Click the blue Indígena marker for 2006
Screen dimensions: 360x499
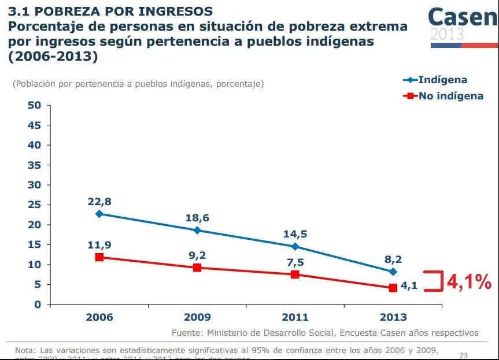[99, 214]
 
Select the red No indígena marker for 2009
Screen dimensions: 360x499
[197, 268]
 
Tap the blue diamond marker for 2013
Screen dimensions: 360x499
[393, 272]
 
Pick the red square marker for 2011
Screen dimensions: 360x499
[295, 274]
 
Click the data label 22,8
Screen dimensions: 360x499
[99, 202]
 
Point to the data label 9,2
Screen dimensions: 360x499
[197, 255]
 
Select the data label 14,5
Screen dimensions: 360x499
[295, 234]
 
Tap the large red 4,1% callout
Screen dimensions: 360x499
[468, 282]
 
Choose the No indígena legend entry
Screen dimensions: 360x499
[451, 96]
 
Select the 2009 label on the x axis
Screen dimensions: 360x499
[197, 317]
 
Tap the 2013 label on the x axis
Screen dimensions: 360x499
[393, 317]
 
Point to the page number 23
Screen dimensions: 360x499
[463, 355]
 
